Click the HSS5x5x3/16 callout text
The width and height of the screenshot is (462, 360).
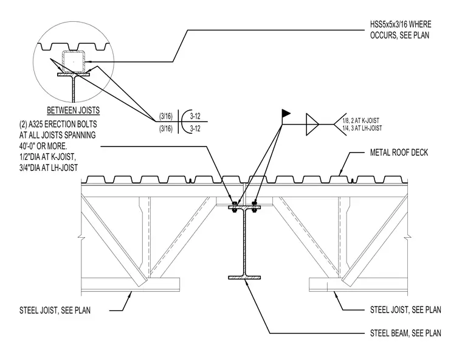point(401,30)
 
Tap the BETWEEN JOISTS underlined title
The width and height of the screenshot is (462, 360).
point(74,111)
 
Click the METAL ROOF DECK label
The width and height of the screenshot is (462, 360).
point(399,153)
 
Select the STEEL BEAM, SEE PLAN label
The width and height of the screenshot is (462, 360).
point(405,333)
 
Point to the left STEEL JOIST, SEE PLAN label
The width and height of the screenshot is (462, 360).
point(55,311)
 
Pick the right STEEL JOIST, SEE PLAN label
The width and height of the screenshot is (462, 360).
point(405,310)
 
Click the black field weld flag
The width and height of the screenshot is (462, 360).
point(286,113)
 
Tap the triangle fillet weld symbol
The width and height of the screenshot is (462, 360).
point(312,125)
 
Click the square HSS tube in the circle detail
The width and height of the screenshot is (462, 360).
point(74,61)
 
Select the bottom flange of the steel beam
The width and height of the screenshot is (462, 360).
point(244,278)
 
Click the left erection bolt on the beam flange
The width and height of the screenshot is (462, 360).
point(234,207)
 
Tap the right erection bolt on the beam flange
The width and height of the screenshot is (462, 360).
point(255,207)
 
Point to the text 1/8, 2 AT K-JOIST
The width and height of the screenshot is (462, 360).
point(361,120)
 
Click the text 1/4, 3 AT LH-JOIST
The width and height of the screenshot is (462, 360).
point(362,128)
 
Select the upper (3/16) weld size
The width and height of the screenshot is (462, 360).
point(166,116)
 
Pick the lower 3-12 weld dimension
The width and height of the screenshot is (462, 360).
point(195,129)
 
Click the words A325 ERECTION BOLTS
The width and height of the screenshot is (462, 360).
point(63,125)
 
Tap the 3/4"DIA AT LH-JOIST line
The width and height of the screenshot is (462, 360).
point(49,168)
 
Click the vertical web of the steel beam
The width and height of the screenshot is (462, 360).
point(244,243)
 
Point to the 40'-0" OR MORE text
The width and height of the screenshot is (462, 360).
point(43,146)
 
